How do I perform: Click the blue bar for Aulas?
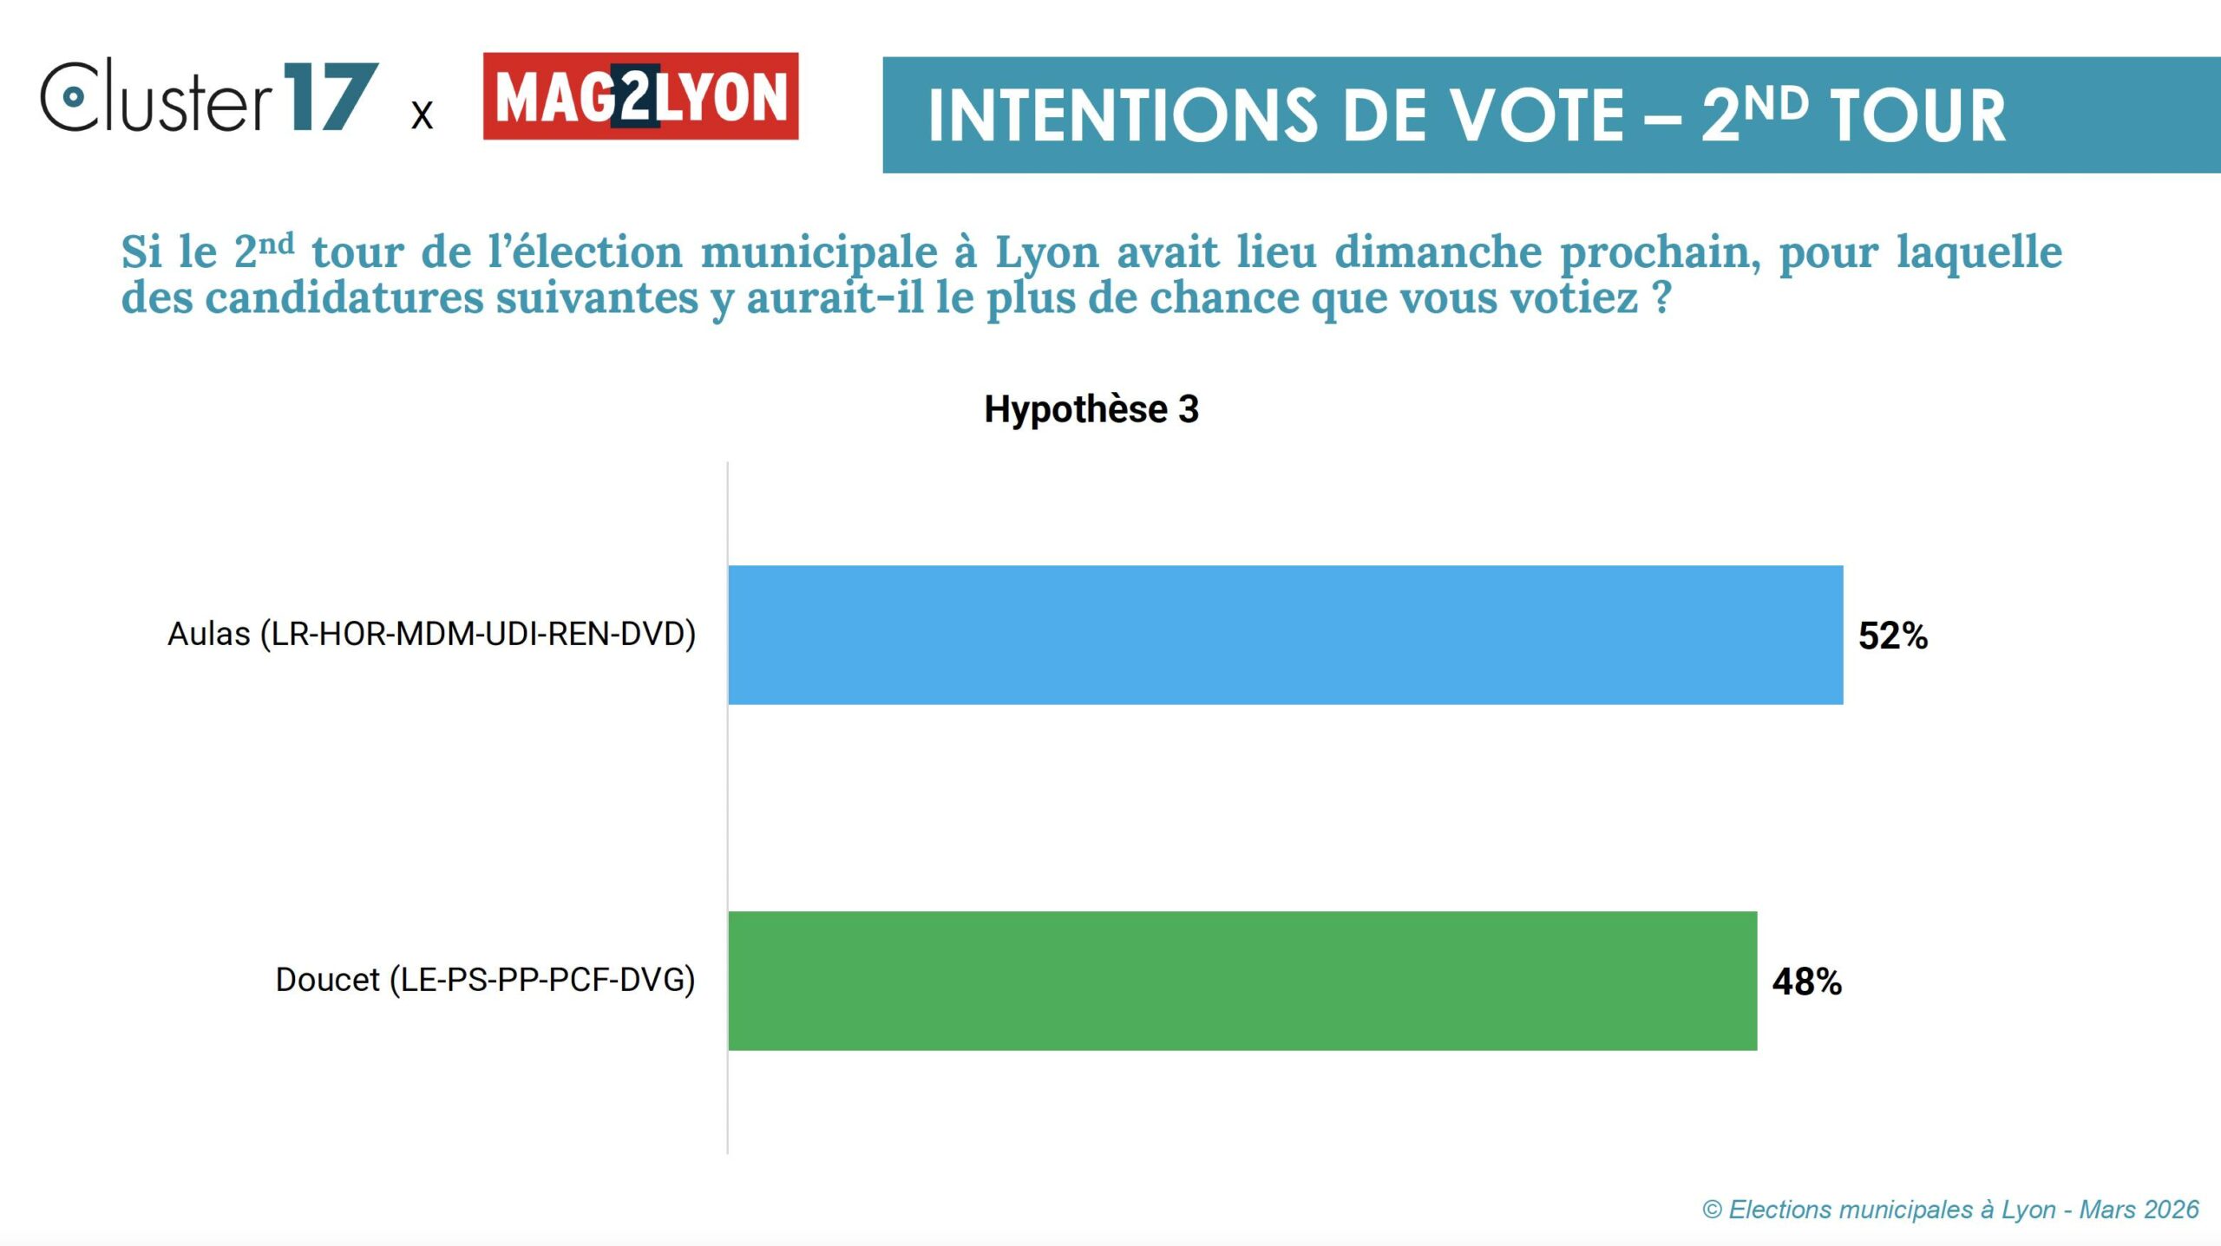point(1285,635)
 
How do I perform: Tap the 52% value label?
point(1892,636)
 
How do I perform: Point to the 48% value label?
point(1806,982)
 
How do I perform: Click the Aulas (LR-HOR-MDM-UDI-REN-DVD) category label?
point(431,634)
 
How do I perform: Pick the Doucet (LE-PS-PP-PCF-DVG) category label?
point(485,980)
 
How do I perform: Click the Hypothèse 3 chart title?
point(1091,409)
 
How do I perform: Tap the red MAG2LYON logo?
point(640,96)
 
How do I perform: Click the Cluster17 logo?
point(208,96)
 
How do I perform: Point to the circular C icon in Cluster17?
point(73,96)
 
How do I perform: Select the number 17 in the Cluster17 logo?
point(330,97)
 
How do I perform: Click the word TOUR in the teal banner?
point(1917,115)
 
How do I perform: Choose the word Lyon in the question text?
point(1046,253)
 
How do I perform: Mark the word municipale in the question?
point(819,253)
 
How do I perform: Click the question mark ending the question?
point(1661,297)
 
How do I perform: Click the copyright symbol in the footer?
point(1712,1210)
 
